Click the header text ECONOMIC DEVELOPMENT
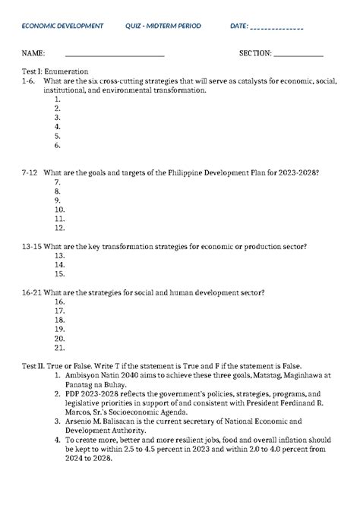pyautogui.click(x=62, y=27)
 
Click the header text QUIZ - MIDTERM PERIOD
pyautogui.click(x=163, y=27)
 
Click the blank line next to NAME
pyautogui.click(x=115, y=55)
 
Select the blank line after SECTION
pyautogui.click(x=298, y=55)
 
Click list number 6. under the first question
pyautogui.click(x=58, y=144)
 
